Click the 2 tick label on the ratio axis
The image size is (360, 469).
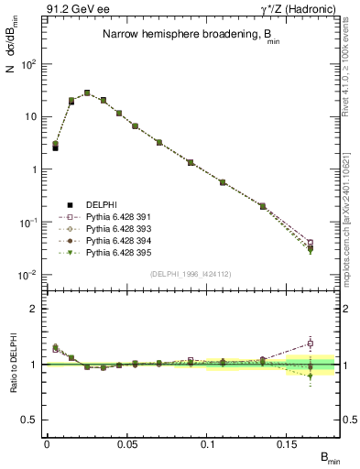34,309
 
